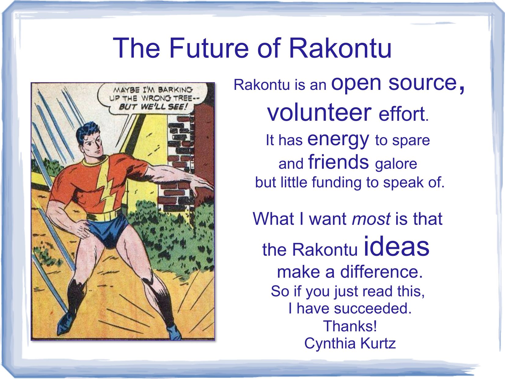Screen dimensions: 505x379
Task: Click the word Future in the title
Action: [209, 48]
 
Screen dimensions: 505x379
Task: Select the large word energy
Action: [338, 141]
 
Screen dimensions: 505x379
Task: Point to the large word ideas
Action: [397, 246]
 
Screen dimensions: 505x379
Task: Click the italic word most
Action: [371, 219]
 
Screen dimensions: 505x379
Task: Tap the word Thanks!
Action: [350, 326]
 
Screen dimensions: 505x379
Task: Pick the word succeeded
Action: [372, 308]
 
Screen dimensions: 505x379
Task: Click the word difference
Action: [381, 272]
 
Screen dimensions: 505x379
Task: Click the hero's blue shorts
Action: [108, 230]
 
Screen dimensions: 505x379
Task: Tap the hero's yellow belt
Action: [104, 215]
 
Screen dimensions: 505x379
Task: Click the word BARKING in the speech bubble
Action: [175, 90]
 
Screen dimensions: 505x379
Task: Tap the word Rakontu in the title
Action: [340, 48]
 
